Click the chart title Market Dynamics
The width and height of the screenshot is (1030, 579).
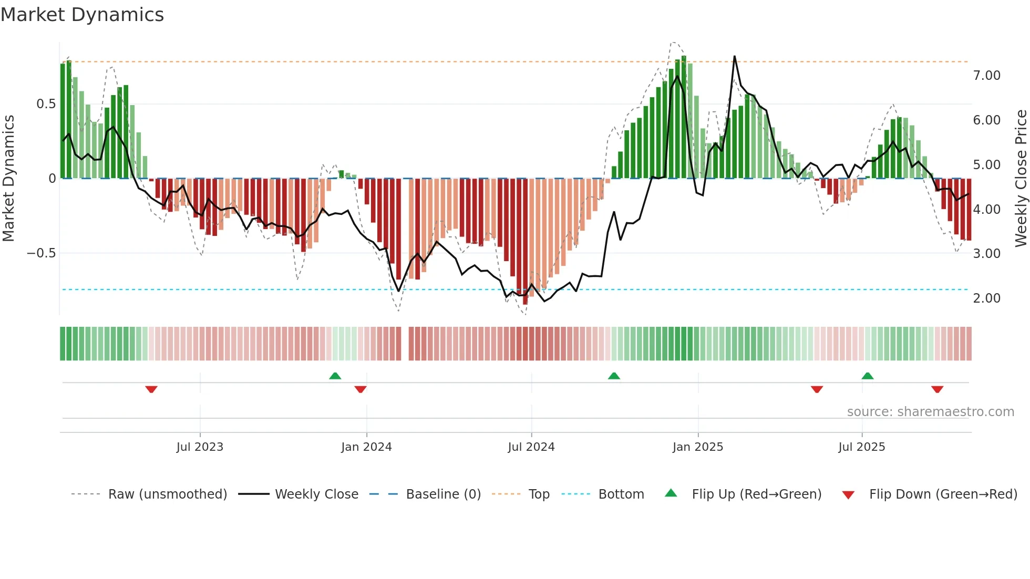[82, 15]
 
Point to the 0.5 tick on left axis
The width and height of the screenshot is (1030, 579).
[46, 104]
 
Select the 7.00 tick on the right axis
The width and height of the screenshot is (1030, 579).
[986, 76]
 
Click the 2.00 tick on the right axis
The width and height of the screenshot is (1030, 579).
[986, 298]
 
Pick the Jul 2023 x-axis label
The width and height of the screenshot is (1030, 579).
[200, 447]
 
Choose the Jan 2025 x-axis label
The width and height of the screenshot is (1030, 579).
[698, 447]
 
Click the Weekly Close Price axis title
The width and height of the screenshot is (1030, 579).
[1021, 179]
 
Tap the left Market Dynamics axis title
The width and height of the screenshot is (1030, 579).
[9, 179]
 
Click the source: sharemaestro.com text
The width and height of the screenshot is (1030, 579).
[930, 412]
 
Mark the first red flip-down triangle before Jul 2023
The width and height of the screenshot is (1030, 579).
[151, 389]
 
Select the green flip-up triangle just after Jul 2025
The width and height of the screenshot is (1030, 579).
[868, 376]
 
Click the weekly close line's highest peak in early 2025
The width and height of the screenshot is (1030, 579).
[734, 57]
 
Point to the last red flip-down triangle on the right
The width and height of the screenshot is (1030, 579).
[937, 389]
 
